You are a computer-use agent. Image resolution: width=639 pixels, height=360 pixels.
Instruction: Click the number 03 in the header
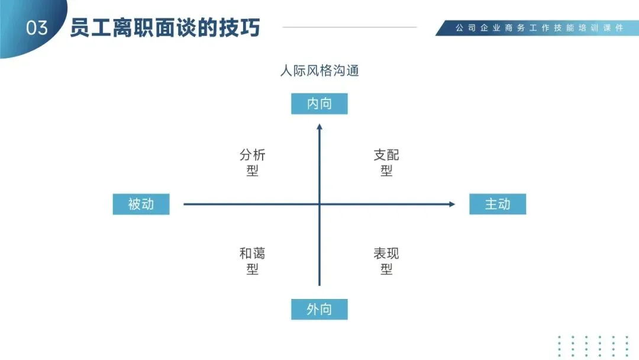(37, 28)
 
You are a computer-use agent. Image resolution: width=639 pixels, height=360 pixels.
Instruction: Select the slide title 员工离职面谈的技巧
(165, 28)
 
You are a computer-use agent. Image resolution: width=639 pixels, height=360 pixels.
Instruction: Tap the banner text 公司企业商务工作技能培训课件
(539, 28)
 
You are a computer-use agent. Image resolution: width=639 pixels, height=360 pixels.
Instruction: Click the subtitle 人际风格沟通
(319, 71)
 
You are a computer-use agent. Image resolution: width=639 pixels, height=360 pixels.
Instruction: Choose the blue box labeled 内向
(319, 104)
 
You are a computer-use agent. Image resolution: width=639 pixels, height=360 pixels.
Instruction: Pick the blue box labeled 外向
(319, 309)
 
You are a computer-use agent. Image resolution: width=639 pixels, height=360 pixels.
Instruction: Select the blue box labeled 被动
(141, 204)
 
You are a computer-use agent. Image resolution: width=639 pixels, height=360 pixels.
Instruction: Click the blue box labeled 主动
(498, 204)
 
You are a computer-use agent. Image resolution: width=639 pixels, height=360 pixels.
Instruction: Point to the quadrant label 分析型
(253, 163)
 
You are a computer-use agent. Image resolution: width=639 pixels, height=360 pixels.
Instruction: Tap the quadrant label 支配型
(386, 163)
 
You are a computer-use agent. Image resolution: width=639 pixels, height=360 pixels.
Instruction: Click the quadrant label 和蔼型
(253, 261)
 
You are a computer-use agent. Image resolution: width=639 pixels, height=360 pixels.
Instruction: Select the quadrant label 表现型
(386, 261)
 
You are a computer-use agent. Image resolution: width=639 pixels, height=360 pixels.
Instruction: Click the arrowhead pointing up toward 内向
(319, 126)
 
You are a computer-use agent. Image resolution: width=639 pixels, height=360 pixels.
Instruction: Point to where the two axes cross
(319, 204)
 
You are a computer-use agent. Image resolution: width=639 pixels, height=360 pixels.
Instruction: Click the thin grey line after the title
(350, 27)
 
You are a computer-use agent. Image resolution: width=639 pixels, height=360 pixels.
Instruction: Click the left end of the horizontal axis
(185, 204)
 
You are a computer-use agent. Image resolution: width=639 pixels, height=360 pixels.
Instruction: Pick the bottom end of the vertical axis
(319, 285)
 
